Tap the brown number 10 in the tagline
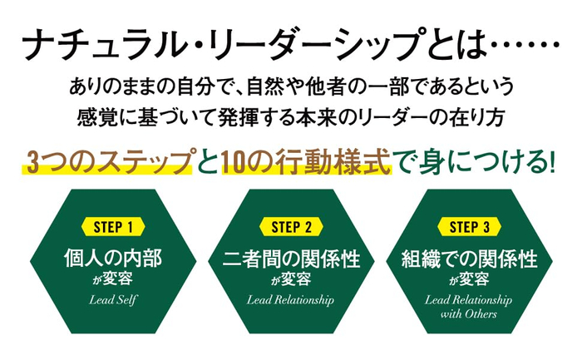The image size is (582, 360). (x=236, y=160)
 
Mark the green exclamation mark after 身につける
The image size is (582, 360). (x=550, y=160)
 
